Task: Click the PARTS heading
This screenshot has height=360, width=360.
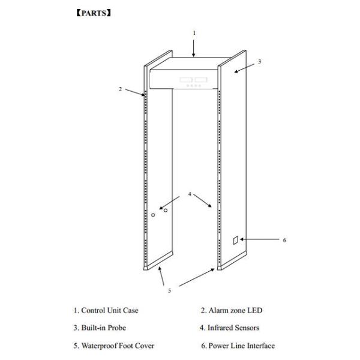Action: pyautogui.click(x=94, y=13)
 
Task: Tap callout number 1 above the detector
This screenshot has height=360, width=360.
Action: pyautogui.click(x=194, y=33)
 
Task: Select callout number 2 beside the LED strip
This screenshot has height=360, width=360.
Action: pyautogui.click(x=120, y=89)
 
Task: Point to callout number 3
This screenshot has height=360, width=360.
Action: pyautogui.click(x=259, y=62)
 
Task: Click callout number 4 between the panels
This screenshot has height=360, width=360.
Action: pyautogui.click(x=190, y=194)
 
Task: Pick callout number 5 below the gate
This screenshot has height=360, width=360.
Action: pyautogui.click(x=169, y=290)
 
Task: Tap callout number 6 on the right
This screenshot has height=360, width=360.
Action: pyautogui.click(x=284, y=240)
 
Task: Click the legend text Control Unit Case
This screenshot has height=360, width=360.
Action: pyautogui.click(x=106, y=310)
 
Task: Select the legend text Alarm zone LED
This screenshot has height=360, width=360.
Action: pyautogui.click(x=232, y=310)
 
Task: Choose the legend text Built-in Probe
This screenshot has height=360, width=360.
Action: pyautogui.click(x=100, y=328)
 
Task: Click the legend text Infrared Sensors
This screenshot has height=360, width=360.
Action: pyautogui.click(x=229, y=328)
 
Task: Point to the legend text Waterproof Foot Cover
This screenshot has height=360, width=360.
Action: pyautogui.click(x=114, y=346)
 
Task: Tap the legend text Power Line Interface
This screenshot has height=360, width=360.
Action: pyautogui.click(x=238, y=346)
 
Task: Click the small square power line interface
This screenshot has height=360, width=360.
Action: pyautogui.click(x=236, y=241)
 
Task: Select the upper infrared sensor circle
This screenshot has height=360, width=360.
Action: pyautogui.click(x=166, y=211)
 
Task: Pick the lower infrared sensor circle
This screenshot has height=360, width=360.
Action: pyautogui.click(x=153, y=215)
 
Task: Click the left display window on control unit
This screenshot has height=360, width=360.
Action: pyautogui.click(x=186, y=80)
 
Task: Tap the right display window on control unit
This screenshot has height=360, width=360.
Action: pyautogui.click(x=201, y=80)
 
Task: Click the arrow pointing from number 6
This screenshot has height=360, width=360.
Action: pyautogui.click(x=260, y=239)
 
